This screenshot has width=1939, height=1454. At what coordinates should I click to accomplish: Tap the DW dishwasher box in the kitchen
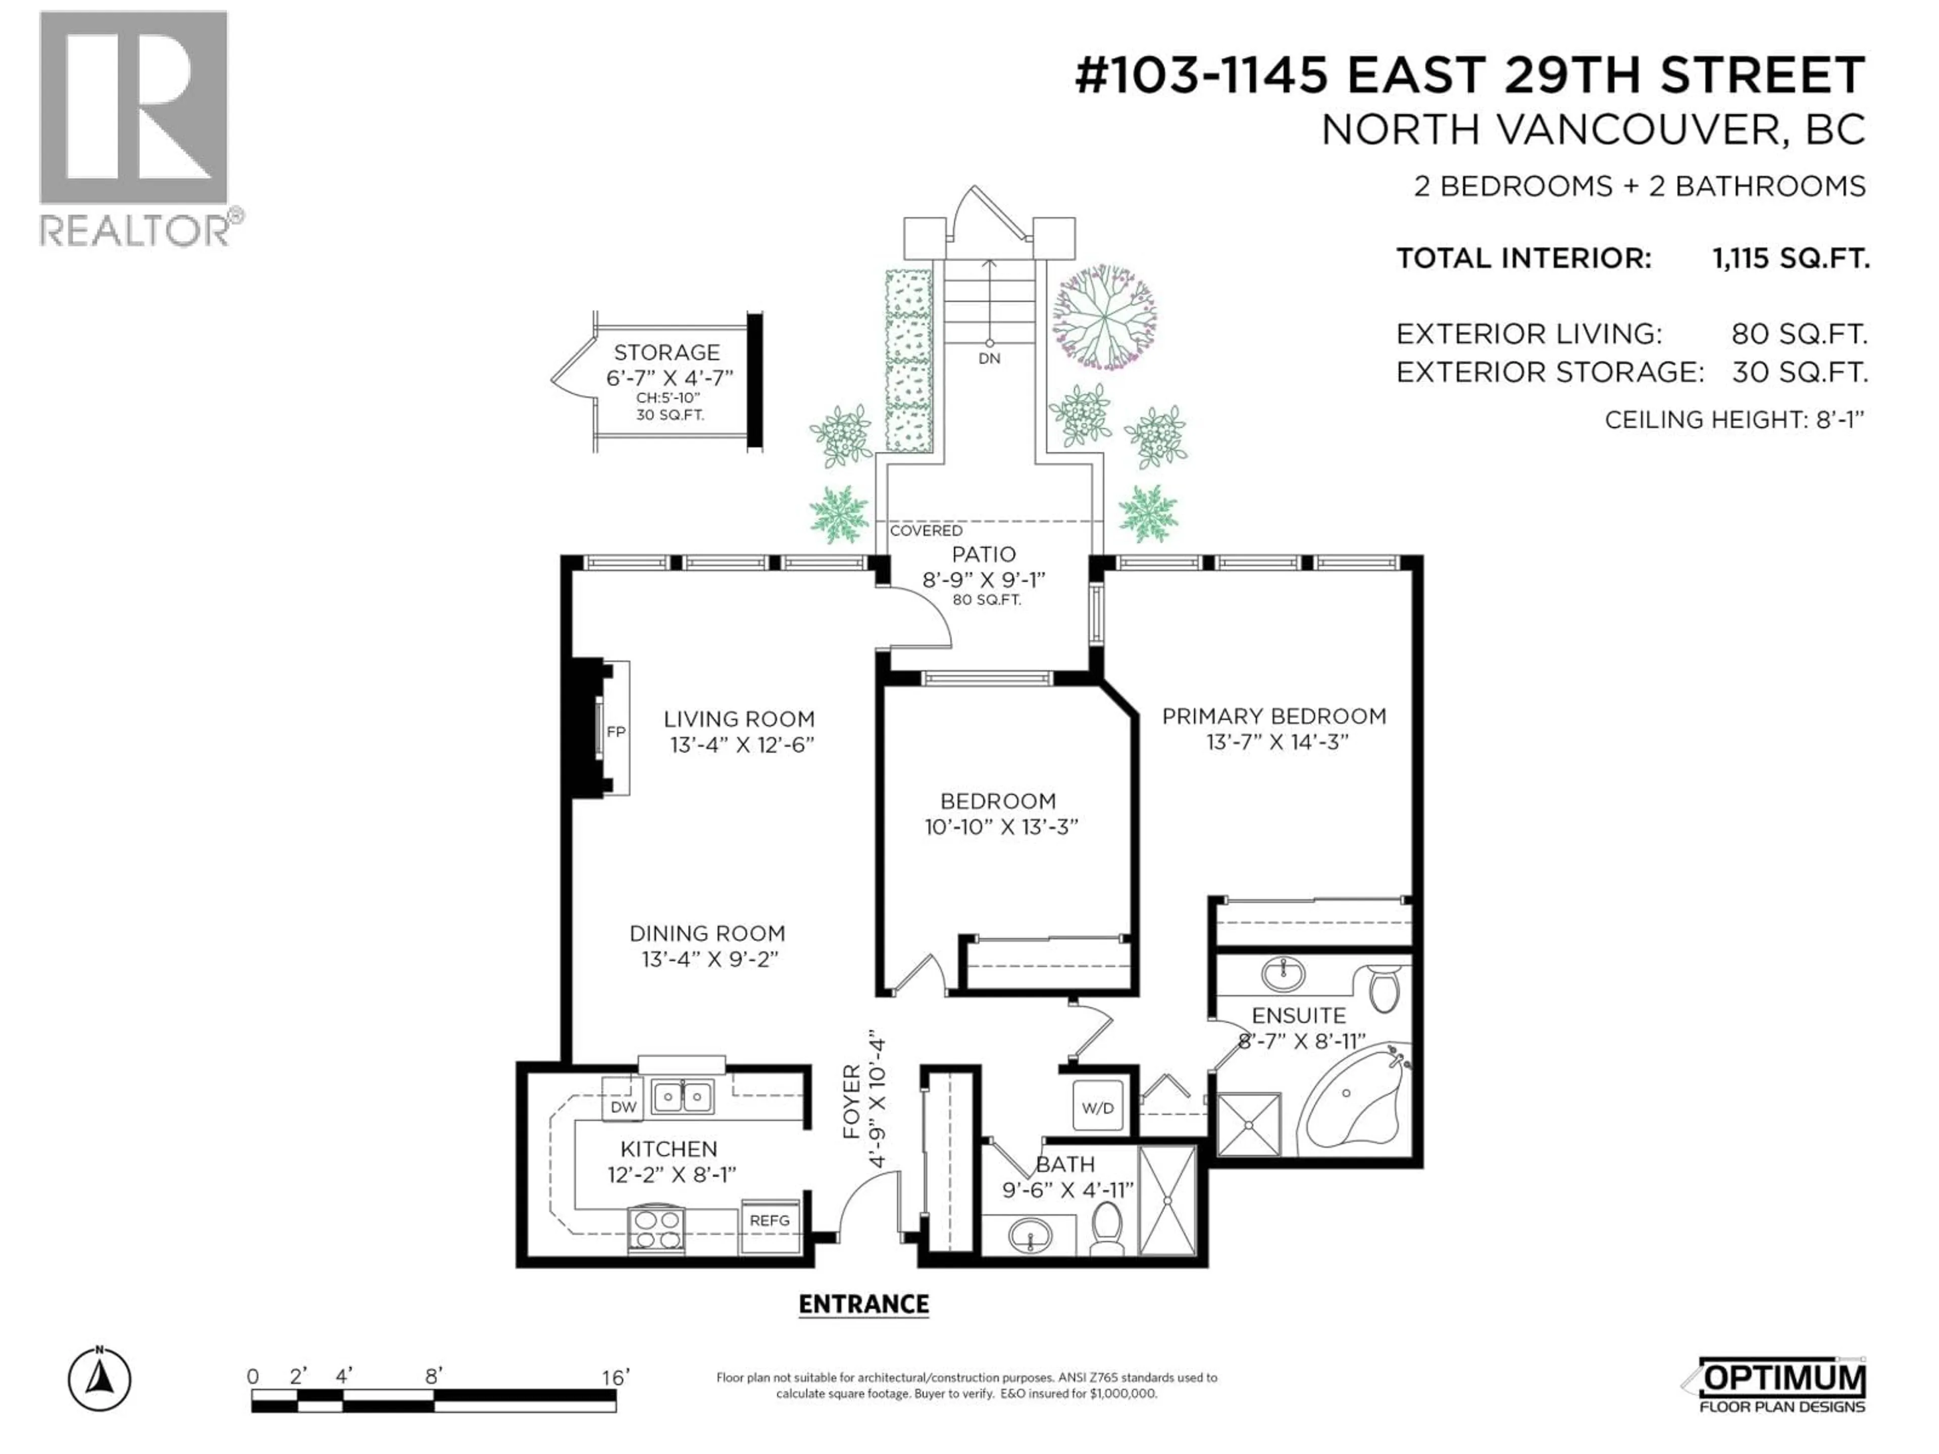click(623, 1107)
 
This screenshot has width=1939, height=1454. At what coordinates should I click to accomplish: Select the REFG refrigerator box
click(770, 1220)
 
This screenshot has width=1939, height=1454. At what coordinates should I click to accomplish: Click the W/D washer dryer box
click(1097, 1108)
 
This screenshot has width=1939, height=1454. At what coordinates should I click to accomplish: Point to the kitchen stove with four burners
click(656, 1229)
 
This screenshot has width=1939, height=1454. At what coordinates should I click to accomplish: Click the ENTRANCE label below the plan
click(863, 1304)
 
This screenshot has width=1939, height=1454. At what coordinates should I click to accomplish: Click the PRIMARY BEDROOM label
click(1273, 716)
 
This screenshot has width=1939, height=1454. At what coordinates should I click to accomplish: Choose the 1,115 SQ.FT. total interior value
click(1790, 258)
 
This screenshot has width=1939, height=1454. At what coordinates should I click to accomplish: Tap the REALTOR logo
click(136, 127)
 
